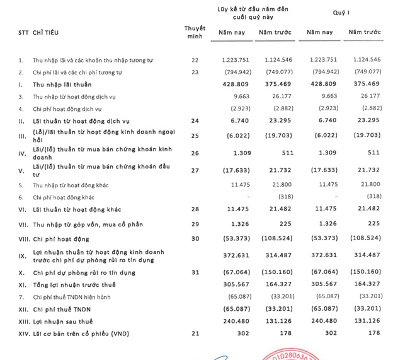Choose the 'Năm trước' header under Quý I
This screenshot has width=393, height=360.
[365, 32]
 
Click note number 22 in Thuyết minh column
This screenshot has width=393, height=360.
[194, 60]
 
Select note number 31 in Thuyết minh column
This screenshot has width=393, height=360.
[194, 272]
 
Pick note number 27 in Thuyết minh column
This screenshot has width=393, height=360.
[194, 169]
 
